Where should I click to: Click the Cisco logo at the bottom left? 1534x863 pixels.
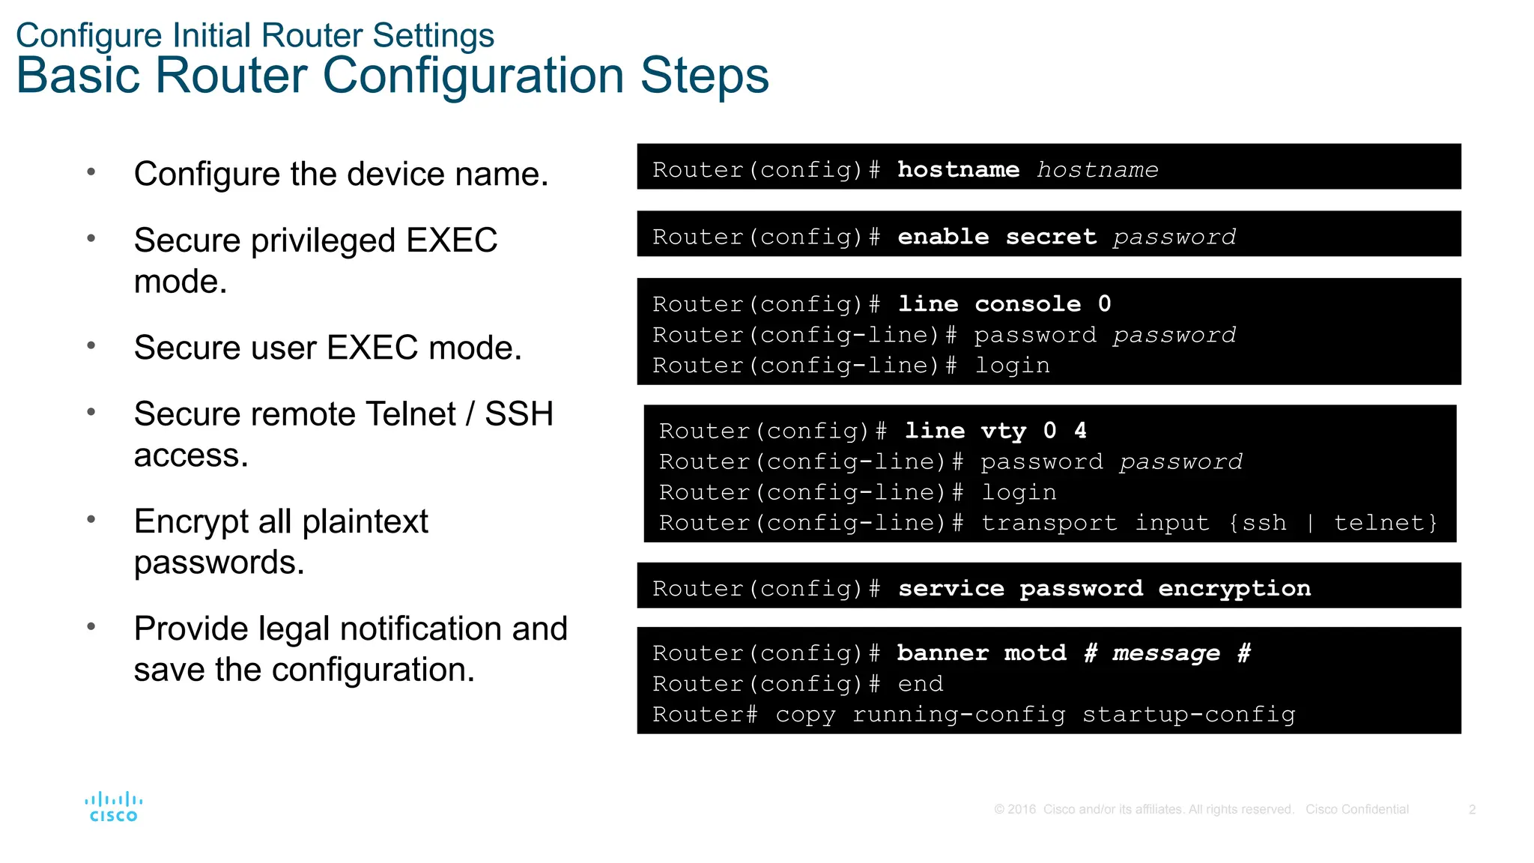click(x=113, y=807)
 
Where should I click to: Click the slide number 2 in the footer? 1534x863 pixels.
click(x=1472, y=809)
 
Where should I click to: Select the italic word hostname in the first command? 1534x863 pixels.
click(x=1097, y=170)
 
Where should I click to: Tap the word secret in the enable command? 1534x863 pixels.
click(x=1051, y=237)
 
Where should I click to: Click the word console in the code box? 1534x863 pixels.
click(x=1028, y=304)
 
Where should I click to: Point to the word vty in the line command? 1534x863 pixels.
click(x=1003, y=431)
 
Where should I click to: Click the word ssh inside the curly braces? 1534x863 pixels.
click(x=1264, y=523)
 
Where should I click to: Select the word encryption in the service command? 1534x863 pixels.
click(x=1234, y=589)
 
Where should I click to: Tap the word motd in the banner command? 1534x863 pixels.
click(x=1035, y=653)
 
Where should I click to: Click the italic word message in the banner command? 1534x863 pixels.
click(x=1166, y=653)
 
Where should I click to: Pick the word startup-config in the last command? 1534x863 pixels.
click(x=1189, y=715)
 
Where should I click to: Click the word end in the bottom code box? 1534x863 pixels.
click(x=921, y=684)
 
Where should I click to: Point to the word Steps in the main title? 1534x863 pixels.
click(x=704, y=76)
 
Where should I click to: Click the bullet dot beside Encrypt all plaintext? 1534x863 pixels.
click(x=91, y=519)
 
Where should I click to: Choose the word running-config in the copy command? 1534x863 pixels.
click(x=959, y=715)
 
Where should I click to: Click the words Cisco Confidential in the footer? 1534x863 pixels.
click(x=1356, y=809)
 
